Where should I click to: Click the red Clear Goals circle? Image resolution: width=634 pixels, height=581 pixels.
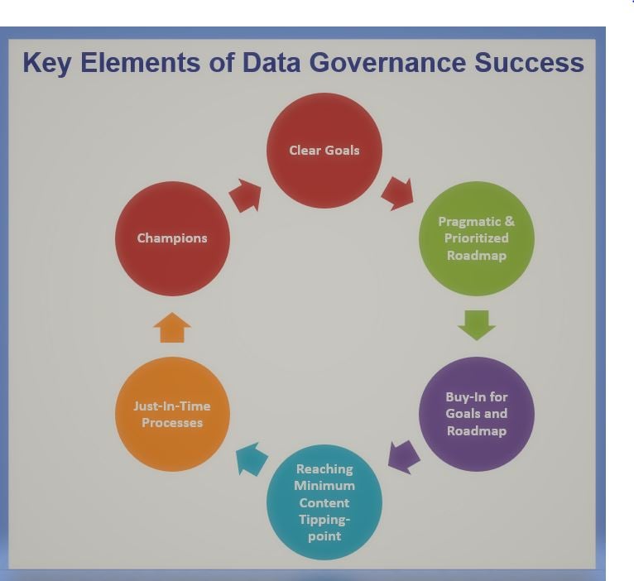coord(324,151)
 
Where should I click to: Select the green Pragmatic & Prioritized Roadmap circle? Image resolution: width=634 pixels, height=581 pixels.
coord(476,238)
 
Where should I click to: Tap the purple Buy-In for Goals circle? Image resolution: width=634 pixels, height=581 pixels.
coord(476,414)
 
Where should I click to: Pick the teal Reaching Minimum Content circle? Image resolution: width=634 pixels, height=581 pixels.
coord(324,502)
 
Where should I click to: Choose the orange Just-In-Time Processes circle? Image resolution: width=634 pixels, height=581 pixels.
coord(172,414)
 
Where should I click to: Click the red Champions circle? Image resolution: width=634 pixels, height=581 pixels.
coord(172,238)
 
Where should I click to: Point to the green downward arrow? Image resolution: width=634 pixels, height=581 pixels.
coord(476,324)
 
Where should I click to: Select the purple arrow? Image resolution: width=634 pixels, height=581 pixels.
coord(403,456)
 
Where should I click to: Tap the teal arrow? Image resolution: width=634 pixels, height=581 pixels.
coord(252,459)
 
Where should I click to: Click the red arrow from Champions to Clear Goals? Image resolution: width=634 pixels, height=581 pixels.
coord(245,196)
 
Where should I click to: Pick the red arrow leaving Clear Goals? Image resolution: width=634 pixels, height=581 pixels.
coord(397,193)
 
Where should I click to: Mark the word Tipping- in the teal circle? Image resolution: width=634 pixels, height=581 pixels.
coord(324,519)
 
